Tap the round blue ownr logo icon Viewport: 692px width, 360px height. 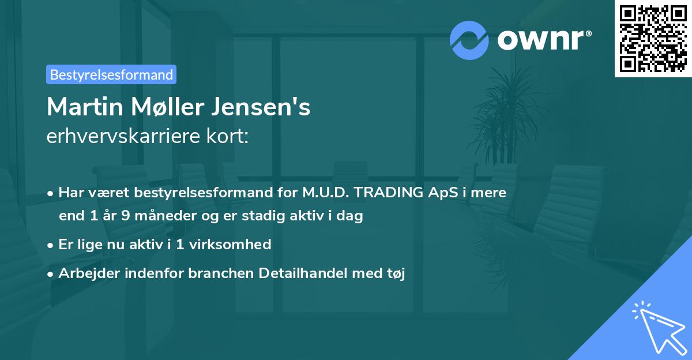pos(469,40)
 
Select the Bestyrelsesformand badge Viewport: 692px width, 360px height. pos(111,74)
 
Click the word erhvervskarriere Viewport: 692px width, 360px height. pos(123,137)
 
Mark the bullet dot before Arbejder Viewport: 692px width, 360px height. pos(51,274)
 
